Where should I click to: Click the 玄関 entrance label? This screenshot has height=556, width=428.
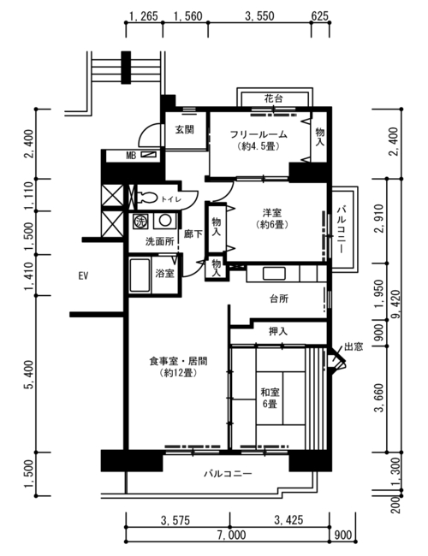[185, 129]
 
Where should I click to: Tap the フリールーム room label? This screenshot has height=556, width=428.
[259, 134]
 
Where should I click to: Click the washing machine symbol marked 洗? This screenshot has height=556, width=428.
[140, 222]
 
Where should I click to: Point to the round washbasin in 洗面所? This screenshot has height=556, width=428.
[165, 221]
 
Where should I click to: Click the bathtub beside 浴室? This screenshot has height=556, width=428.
[140, 275]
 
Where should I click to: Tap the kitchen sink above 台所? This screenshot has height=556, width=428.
[274, 274]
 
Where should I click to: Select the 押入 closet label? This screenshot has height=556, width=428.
[278, 331]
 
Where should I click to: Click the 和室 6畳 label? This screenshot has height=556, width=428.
[270, 398]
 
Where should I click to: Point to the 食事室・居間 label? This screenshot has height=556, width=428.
[178, 361]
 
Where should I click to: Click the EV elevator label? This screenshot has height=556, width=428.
[83, 275]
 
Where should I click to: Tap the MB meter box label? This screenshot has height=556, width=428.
[131, 156]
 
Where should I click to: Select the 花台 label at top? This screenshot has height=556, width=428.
[273, 98]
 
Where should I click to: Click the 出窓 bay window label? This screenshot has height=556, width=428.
[354, 346]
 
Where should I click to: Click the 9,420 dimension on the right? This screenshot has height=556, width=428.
[395, 305]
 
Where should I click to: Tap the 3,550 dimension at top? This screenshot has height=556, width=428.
[259, 16]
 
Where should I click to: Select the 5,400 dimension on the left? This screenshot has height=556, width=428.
[29, 375]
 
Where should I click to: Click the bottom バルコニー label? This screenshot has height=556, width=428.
[228, 473]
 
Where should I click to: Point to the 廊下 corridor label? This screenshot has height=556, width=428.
[193, 234]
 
